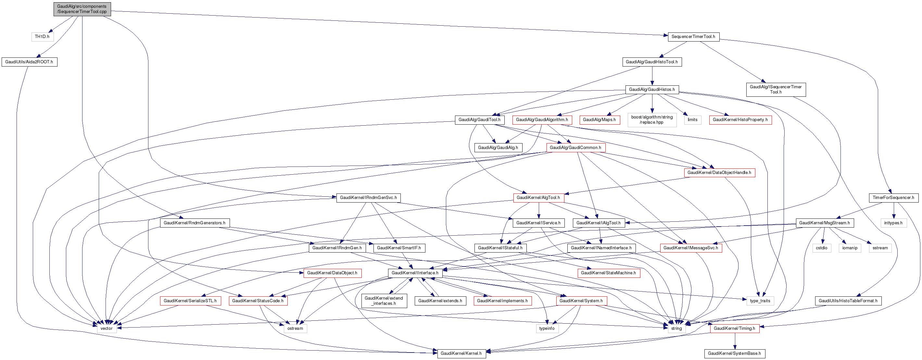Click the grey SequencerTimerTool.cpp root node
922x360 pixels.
[82, 9]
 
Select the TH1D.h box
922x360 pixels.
[42, 36]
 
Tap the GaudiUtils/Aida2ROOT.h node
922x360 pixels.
[29, 62]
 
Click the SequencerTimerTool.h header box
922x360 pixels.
[693, 36]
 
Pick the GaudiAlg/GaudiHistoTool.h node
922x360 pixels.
[651, 62]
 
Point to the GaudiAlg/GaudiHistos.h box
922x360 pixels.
[651, 90]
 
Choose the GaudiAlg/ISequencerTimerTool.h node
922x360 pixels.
[776, 90]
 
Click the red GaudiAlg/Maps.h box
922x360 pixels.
[599, 119]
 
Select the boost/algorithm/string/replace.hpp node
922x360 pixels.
[651, 119]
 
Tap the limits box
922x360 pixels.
[692, 119]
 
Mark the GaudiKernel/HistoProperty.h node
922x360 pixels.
[740, 119]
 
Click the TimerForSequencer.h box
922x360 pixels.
[893, 198]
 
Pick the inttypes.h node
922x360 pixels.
[893, 223]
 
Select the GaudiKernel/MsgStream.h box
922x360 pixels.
[824, 223]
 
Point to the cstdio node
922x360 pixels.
[821, 248]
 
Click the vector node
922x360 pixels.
[106, 329]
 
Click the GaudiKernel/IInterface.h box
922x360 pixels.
[415, 273]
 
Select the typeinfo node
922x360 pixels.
[547, 329]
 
